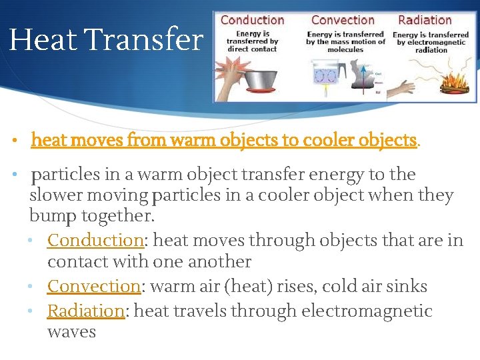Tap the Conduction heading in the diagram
click(252, 20)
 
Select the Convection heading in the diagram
click(343, 20)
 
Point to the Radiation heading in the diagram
click(425, 20)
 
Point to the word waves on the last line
click(71, 332)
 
